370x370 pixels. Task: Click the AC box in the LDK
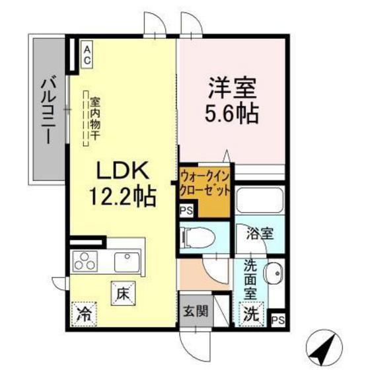click(x=87, y=52)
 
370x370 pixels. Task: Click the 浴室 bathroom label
click(x=257, y=233)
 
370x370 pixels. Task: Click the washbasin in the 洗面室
click(x=277, y=272)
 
